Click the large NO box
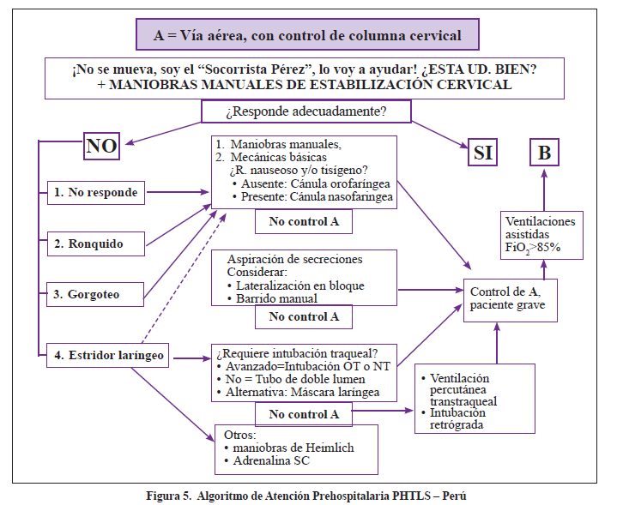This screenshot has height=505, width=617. point(101,146)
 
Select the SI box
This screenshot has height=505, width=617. point(484,153)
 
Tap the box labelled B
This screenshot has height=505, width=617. point(544,153)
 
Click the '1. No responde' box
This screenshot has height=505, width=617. point(95,192)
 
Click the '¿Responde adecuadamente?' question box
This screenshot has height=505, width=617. point(305,111)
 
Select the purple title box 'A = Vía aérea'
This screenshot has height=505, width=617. point(306,36)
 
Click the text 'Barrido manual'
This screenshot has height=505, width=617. point(274,298)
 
